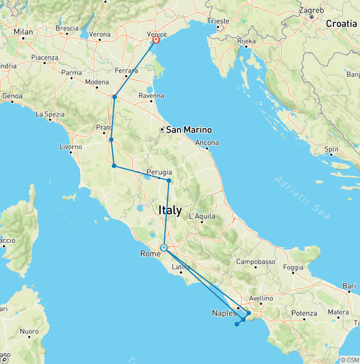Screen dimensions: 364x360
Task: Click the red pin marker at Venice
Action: point(156,40)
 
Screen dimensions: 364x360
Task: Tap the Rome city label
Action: point(150,254)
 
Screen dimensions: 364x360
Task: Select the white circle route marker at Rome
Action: point(164,248)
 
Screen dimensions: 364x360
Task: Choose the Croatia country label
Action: point(341,23)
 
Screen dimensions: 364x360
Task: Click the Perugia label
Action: point(158,172)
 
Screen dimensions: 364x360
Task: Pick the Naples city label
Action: point(224,313)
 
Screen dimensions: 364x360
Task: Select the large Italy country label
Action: point(170,211)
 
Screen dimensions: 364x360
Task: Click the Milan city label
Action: point(23,32)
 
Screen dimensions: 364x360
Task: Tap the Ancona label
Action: point(207,143)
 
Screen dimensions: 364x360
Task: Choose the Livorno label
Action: point(71,147)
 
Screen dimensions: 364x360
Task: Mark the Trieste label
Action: point(219,21)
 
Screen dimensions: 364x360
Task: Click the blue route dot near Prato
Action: point(111,139)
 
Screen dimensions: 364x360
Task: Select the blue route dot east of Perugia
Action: point(169,181)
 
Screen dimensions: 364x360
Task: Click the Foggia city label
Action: point(294,267)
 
